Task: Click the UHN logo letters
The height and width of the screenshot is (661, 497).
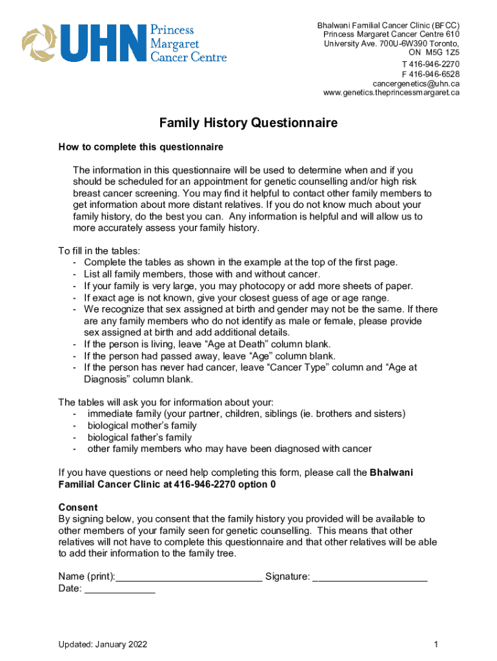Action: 101,43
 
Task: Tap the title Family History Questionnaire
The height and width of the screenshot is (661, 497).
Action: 249,123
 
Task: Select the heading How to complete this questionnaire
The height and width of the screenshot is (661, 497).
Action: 141,147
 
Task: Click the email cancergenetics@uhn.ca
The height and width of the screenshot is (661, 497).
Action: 416,83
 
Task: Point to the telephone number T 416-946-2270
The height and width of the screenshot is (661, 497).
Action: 431,64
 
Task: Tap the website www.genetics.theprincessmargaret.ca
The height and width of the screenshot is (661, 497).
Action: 391,93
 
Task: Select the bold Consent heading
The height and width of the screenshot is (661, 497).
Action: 78,507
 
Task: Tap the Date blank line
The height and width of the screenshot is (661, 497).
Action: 120,589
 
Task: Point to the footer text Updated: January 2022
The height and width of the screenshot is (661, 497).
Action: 103,644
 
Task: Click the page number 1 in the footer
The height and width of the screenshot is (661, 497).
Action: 436,644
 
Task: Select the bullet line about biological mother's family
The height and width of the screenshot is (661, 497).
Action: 142,425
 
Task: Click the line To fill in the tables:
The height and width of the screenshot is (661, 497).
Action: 99,250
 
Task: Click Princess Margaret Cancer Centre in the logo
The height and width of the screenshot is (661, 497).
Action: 188,43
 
